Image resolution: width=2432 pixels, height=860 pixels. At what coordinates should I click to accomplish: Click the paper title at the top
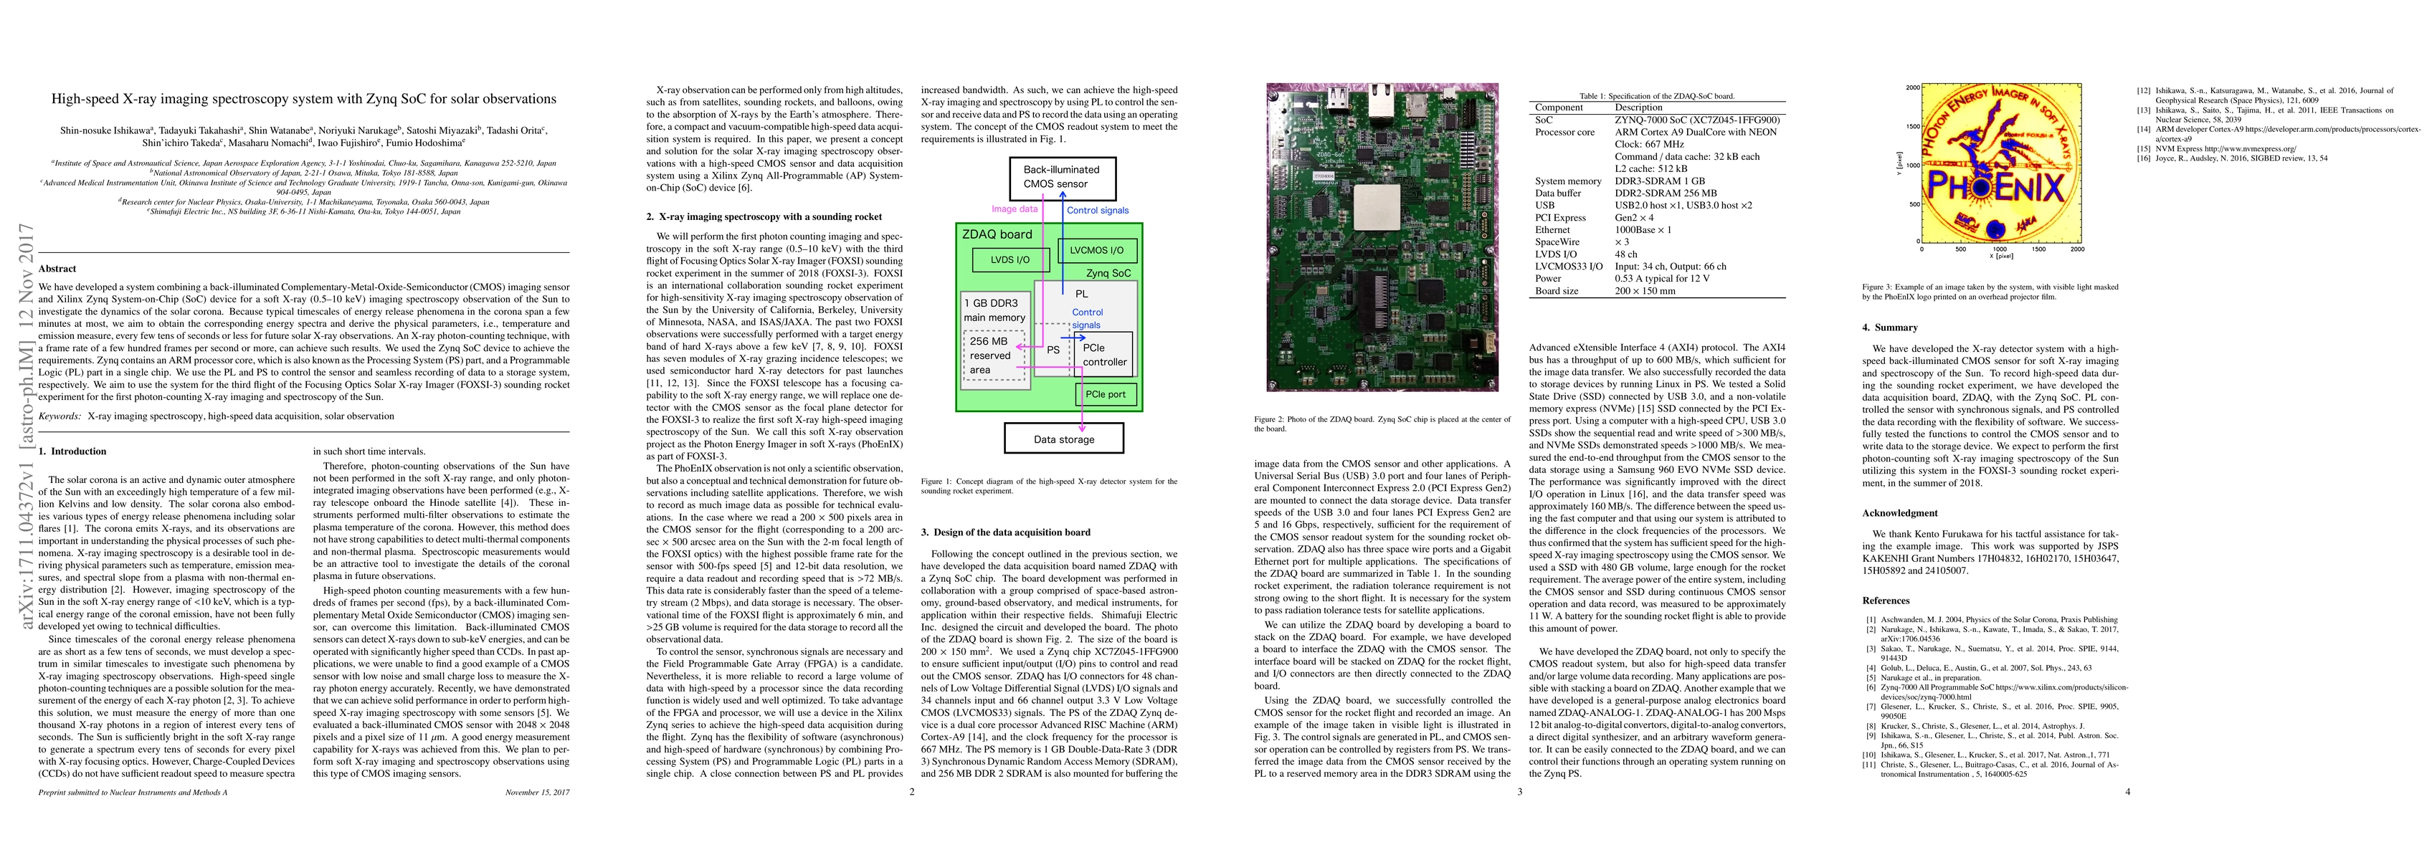[x=303, y=99]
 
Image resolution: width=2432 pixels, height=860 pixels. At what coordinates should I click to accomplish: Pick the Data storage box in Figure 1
[x=1063, y=439]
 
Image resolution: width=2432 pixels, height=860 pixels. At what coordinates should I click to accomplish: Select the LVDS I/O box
[x=1010, y=259]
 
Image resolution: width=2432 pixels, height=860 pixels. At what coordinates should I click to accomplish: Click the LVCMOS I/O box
[x=1097, y=250]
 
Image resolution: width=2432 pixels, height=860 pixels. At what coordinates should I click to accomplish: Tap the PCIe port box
[x=1105, y=393]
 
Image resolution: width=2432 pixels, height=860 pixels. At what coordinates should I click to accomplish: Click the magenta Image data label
[x=1014, y=209]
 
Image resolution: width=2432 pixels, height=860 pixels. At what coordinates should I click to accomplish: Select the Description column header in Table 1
[x=1638, y=107]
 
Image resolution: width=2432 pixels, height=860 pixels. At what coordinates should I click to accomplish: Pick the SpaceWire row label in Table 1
[x=1557, y=242]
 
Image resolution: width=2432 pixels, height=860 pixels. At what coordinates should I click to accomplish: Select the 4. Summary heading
[x=1889, y=328]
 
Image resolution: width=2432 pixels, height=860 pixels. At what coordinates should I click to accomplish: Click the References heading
[x=1886, y=601]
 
